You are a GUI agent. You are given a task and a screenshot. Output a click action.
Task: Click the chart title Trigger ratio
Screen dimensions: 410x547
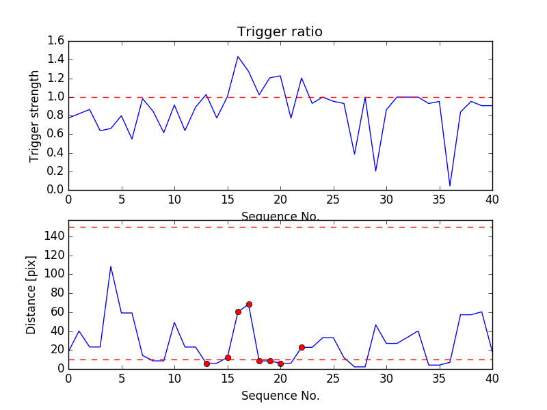[280, 32]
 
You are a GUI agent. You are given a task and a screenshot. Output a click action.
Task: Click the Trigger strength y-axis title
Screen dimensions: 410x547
[35, 115]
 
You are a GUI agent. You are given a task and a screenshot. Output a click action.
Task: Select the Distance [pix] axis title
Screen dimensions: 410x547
[31, 295]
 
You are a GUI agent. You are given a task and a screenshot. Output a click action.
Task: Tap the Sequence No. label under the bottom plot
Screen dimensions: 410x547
[280, 396]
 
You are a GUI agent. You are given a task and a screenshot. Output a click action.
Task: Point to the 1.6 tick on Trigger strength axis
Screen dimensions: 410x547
[56, 41]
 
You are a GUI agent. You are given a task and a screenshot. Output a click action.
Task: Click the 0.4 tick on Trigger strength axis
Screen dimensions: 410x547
[56, 152]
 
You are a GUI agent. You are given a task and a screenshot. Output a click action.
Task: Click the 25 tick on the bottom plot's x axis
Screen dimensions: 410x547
[333, 381]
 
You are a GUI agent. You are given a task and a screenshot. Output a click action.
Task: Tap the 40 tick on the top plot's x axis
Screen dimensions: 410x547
[492, 202]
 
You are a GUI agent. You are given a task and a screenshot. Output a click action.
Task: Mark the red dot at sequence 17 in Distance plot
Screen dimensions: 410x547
[249, 304]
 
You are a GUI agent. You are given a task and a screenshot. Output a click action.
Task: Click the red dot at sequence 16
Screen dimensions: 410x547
[238, 312]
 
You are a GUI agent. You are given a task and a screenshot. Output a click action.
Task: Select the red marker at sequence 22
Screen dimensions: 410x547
[302, 347]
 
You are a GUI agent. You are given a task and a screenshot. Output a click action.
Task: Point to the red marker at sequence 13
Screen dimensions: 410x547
[206, 364]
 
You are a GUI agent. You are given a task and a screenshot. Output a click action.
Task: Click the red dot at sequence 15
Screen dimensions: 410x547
[228, 357]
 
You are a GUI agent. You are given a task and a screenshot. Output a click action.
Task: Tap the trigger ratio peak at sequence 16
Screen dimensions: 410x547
[238, 57]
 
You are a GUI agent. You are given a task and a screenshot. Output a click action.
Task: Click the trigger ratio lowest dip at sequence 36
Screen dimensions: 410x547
[450, 185]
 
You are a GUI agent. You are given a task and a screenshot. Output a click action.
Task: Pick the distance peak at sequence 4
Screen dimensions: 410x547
[111, 266]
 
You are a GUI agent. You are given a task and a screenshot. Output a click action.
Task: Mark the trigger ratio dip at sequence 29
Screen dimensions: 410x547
[375, 171]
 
